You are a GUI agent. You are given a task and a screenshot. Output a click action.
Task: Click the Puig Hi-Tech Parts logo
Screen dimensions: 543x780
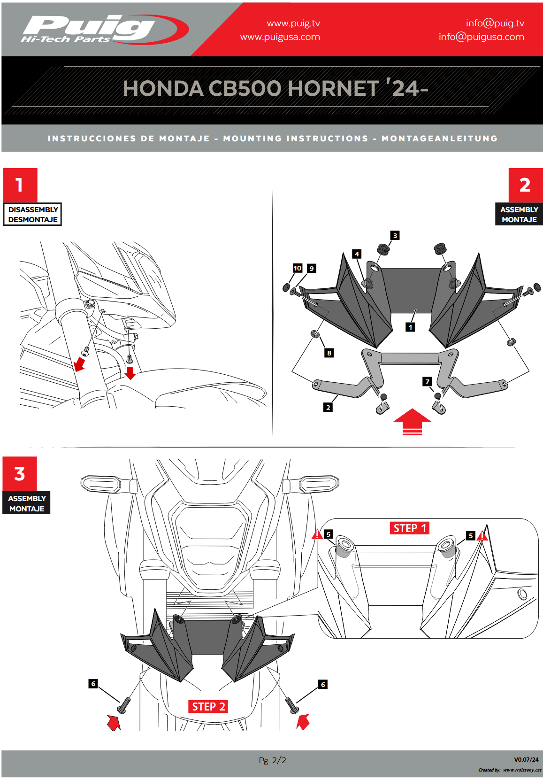coord(104,30)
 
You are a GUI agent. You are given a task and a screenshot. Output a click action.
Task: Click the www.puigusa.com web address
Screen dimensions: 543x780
coord(280,37)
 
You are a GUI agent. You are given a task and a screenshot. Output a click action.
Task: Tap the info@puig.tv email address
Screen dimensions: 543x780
coord(495,23)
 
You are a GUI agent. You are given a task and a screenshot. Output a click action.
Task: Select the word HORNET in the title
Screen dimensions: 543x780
coord(333,88)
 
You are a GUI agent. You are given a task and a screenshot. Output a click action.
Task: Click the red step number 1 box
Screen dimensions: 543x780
coord(20,185)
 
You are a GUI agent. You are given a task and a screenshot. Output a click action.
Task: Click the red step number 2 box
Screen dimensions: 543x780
coord(525,185)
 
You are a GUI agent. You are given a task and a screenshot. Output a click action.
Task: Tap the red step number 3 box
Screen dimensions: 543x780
coord(20,473)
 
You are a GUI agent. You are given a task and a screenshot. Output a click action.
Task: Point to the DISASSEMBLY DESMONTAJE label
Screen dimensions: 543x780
coord(33,215)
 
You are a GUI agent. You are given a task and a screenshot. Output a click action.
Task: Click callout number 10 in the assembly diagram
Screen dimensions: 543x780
coord(297,268)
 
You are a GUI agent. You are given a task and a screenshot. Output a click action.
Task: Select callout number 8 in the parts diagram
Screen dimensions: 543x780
coord(329,353)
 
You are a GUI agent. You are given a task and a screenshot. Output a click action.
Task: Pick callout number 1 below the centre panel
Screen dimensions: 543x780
coord(410,327)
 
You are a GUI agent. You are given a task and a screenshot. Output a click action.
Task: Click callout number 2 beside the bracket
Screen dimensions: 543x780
coord(328,407)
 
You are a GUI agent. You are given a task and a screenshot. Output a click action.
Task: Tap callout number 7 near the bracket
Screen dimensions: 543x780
coord(427,381)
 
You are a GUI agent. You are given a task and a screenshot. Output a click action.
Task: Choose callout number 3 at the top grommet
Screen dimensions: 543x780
coord(395,235)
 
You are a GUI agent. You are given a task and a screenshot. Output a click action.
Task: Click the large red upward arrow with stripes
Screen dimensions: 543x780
coord(412,421)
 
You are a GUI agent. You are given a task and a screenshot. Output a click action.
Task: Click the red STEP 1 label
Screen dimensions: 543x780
coord(410,528)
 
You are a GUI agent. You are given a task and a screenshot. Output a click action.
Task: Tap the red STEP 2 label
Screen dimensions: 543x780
coord(208,707)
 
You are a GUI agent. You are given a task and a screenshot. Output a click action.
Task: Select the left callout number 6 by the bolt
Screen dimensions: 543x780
coord(93,684)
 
